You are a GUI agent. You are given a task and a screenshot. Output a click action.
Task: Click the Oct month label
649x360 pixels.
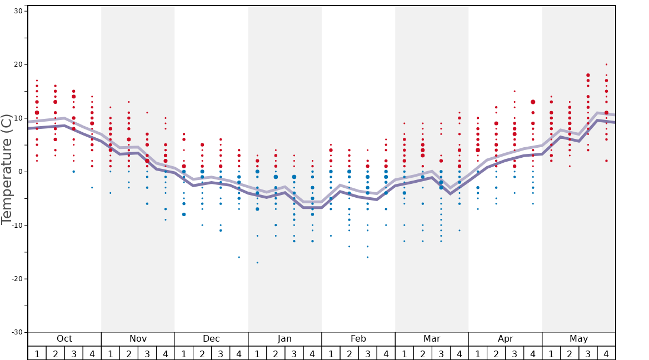[64, 339]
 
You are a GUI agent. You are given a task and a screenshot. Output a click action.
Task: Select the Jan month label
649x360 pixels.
[284, 339]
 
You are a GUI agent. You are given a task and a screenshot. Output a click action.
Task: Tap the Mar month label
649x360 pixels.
[432, 339]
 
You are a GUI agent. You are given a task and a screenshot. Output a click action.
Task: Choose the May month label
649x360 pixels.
[578, 339]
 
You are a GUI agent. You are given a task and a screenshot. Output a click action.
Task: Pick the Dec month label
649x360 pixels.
[211, 339]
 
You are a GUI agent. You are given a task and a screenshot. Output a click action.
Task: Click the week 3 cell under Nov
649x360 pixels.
[147, 353]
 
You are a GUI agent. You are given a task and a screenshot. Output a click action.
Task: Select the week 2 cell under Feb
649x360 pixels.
[349, 353]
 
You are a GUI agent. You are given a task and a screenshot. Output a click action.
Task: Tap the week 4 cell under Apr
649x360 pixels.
[533, 353]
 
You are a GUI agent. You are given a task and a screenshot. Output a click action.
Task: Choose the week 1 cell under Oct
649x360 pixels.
[37, 353]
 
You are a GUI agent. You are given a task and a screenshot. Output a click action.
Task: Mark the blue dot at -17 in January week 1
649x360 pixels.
[257, 262]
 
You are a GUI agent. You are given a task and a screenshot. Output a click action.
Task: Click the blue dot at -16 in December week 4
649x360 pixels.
[239, 257]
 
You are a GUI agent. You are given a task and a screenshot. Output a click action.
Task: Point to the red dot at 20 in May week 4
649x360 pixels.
[606, 64]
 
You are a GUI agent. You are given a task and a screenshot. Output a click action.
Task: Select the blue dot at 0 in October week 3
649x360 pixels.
[73, 172]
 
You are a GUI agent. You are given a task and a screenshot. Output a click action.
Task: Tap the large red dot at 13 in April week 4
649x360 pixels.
[533, 102]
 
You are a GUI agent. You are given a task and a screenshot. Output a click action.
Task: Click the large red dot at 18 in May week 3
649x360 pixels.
[588, 75]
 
